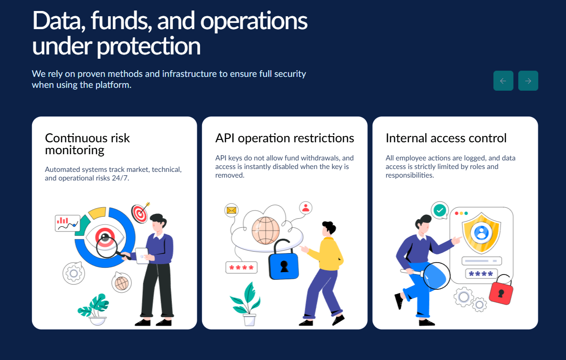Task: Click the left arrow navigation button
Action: [x=503, y=81]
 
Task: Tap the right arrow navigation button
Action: [x=528, y=81]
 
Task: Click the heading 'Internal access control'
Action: [x=446, y=138]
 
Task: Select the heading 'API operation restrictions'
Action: [x=285, y=138]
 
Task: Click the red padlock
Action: [x=501, y=290]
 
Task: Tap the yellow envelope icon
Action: [x=231, y=210]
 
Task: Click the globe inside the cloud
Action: [x=266, y=231]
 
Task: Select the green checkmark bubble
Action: [x=439, y=210]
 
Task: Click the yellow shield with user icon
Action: [x=481, y=233]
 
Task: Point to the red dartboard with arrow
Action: [x=140, y=213]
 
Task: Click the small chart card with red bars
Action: [x=67, y=223]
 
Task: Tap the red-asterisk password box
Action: [x=242, y=268]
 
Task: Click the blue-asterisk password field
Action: [x=481, y=274]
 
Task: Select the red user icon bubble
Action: [x=306, y=208]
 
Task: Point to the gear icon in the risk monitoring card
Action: [x=74, y=273]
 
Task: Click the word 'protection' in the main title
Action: [x=149, y=46]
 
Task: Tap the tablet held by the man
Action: [x=142, y=255]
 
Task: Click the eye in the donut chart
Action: [x=105, y=237]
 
